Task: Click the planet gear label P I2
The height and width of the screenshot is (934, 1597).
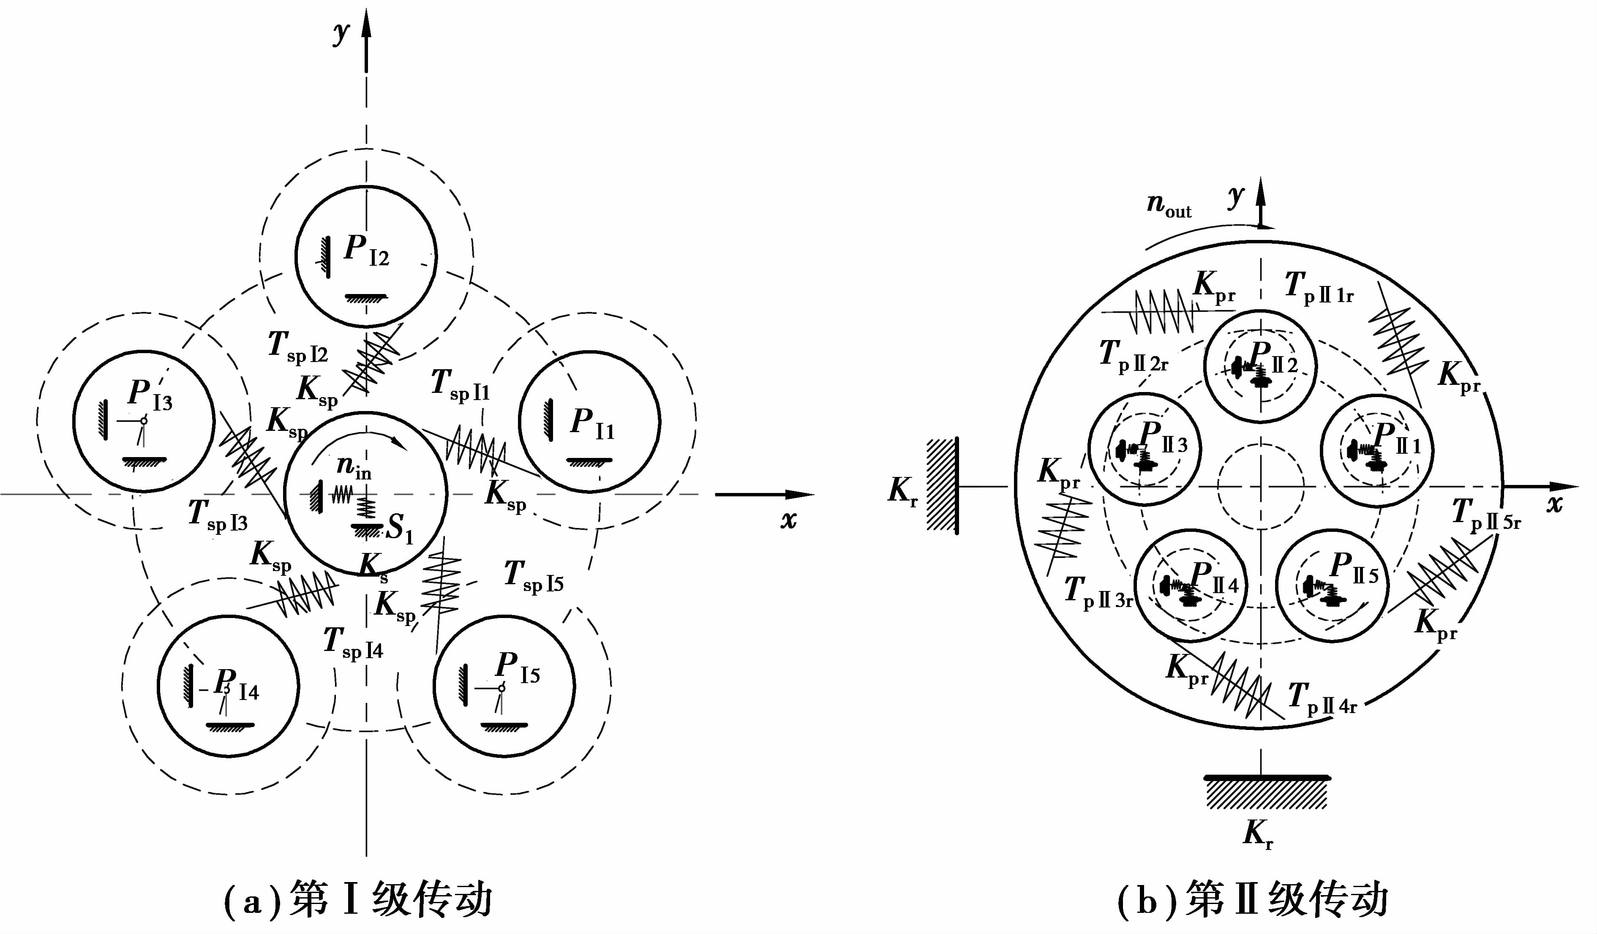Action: tap(366, 250)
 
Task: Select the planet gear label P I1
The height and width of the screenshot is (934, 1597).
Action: tap(592, 423)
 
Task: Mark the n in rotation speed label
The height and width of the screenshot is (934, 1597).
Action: tap(354, 467)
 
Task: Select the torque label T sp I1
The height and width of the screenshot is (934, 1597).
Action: tap(460, 385)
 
